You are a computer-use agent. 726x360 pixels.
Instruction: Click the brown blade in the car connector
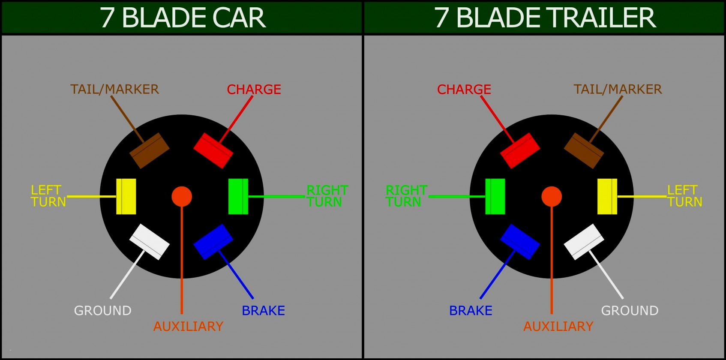point(150,150)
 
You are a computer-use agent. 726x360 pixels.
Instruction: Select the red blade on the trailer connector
point(520,150)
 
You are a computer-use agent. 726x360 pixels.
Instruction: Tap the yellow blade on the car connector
point(126,196)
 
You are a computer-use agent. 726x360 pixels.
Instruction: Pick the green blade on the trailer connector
point(495,196)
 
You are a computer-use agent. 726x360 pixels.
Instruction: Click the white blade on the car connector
point(150,242)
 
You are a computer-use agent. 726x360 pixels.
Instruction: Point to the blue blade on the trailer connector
point(520,242)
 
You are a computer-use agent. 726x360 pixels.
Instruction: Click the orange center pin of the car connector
point(182,196)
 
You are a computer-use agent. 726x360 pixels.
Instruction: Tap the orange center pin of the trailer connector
point(552,196)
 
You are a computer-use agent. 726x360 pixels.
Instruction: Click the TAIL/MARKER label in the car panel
point(114,89)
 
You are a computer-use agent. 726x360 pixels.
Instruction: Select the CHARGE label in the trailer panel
point(464,89)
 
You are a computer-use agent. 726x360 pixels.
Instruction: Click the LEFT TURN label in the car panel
point(48,196)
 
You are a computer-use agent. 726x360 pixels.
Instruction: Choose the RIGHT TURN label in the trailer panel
point(406,196)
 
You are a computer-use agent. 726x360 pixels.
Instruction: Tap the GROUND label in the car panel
point(102,310)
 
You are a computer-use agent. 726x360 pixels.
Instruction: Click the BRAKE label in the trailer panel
point(471,310)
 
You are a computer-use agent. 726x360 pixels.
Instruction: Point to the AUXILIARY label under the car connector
point(188,326)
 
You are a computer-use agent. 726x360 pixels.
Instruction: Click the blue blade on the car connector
point(213,242)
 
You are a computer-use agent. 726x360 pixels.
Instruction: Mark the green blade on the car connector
point(238,196)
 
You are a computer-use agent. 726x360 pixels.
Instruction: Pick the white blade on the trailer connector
point(584,242)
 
